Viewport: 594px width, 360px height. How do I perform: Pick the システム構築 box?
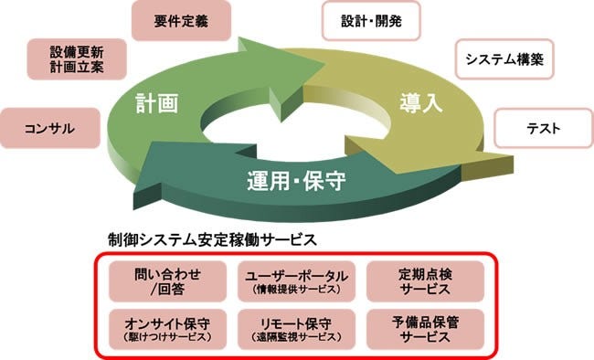(x=504, y=60)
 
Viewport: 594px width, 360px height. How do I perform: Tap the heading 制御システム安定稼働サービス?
(x=212, y=239)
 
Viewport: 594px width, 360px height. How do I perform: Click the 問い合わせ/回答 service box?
(x=166, y=281)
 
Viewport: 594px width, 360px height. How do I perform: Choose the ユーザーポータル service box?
(x=295, y=281)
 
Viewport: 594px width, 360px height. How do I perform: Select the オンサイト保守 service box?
(x=166, y=328)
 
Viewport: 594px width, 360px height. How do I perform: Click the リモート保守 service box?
(x=295, y=328)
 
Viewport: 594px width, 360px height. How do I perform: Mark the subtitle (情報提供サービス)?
(x=295, y=291)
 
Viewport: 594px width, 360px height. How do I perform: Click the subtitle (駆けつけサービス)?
(x=166, y=337)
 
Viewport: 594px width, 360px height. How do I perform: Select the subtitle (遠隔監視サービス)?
(x=295, y=337)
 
